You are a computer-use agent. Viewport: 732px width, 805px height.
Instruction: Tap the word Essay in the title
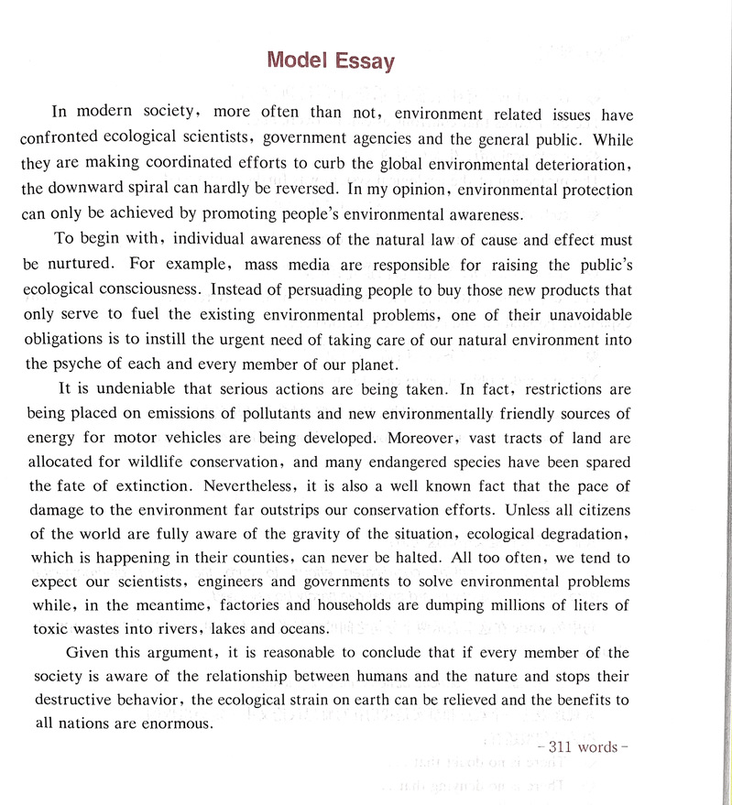pos(364,61)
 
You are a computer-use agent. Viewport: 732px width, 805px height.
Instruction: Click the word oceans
pos(300,629)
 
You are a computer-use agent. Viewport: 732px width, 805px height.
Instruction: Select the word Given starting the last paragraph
pos(87,653)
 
